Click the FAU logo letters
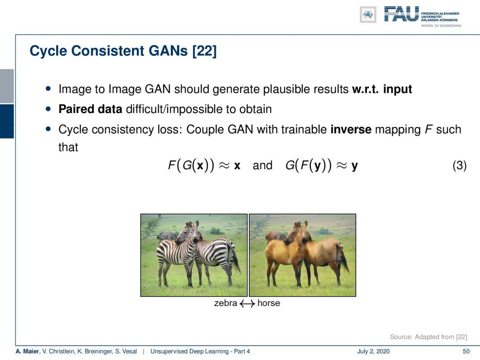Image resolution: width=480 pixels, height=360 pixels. point(401,14)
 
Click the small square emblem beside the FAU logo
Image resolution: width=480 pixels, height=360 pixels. point(368,15)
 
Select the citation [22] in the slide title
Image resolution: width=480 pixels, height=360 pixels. point(204,51)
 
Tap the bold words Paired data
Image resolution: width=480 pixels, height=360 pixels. point(90,109)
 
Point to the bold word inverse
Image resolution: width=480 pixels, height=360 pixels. point(351,129)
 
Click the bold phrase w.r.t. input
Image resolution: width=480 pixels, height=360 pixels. point(382,89)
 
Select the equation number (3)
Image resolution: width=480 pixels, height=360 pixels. point(459,165)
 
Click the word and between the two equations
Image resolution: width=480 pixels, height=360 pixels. point(262,165)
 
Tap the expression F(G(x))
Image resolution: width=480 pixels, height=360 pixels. point(191,165)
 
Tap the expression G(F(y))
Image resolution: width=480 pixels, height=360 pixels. point(308,165)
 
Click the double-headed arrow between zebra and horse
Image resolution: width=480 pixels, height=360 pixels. point(247,303)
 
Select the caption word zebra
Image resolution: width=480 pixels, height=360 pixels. point(225,303)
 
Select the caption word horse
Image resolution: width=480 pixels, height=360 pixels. point(269,303)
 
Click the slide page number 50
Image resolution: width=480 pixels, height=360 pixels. point(466,352)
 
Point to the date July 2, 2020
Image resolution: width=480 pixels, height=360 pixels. point(373,352)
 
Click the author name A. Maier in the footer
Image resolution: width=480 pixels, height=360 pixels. point(27,352)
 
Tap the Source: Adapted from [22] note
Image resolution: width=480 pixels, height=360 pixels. point(428,337)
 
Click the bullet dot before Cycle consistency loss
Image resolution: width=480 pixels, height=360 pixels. point(48,129)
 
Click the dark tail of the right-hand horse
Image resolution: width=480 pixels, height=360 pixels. point(344,259)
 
